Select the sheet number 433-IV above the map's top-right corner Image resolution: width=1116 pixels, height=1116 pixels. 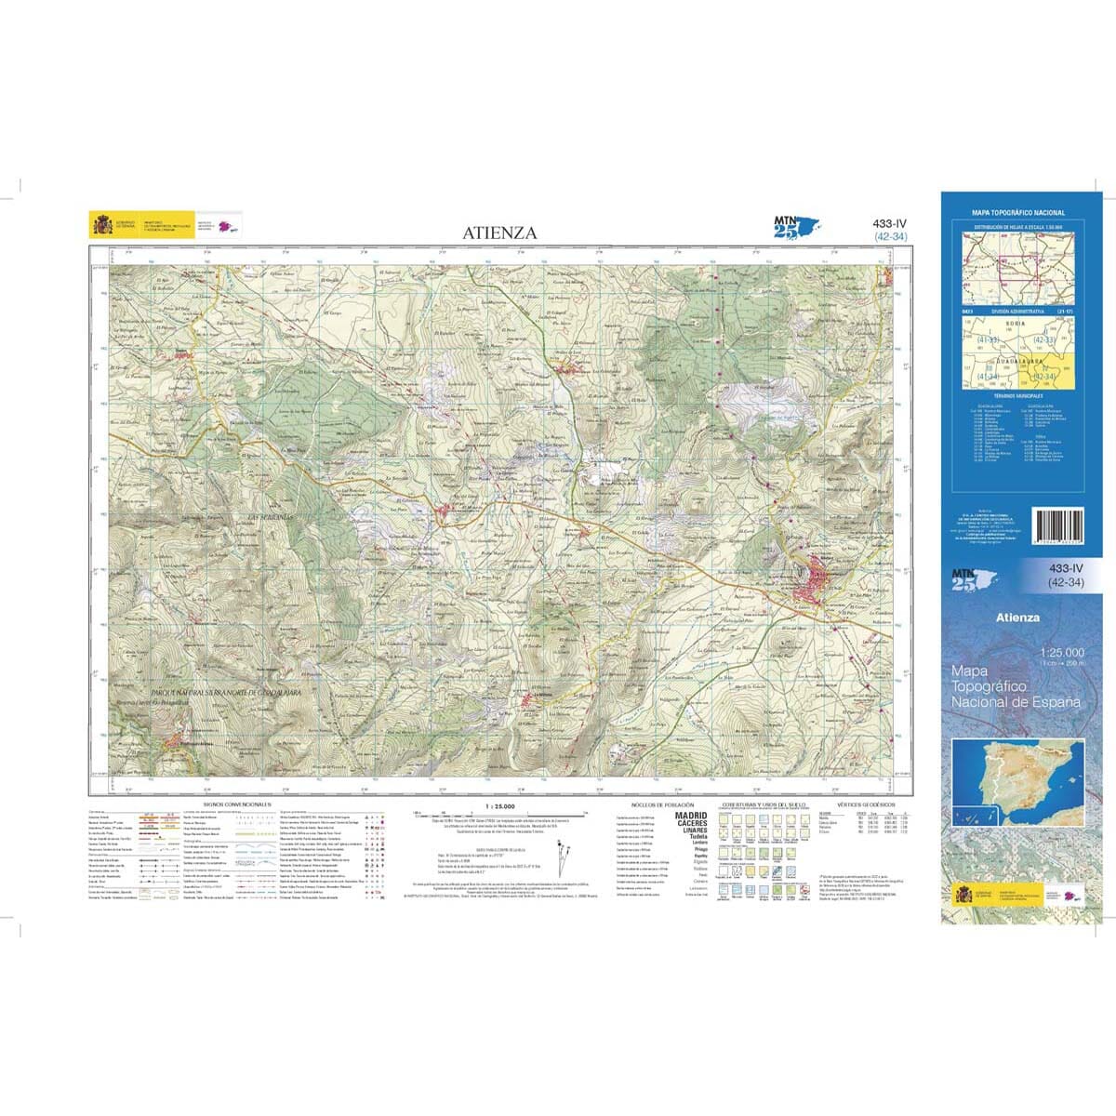click(x=890, y=223)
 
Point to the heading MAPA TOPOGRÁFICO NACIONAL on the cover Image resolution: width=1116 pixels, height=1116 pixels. click(x=1018, y=213)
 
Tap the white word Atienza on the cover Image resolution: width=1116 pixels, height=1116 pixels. click(x=1017, y=618)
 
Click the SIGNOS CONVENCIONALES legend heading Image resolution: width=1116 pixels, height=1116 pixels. click(x=236, y=803)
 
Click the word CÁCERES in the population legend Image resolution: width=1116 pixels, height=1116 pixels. click(x=691, y=823)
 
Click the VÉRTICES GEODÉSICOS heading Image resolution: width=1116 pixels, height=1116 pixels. click(x=865, y=803)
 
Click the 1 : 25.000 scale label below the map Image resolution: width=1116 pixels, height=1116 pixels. click(x=499, y=805)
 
